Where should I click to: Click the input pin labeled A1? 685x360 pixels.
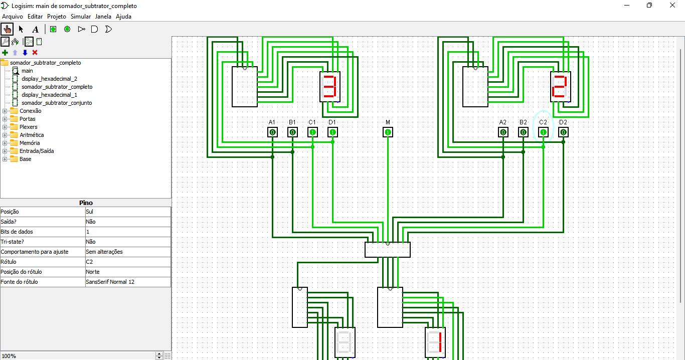click(272, 132)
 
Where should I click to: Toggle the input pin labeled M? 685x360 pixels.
click(388, 132)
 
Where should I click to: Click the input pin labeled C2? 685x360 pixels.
click(543, 132)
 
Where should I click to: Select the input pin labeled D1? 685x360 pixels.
click(332, 132)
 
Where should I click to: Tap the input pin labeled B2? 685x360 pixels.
click(523, 132)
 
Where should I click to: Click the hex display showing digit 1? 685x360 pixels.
click(435, 342)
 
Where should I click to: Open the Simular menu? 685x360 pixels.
click(81, 17)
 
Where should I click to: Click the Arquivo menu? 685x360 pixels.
click(13, 17)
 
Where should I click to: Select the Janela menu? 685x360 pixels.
click(103, 17)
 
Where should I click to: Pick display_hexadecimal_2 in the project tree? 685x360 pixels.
click(49, 79)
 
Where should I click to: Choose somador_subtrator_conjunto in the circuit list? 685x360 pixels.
click(57, 103)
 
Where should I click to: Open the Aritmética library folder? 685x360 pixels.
click(32, 135)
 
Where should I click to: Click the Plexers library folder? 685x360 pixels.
click(29, 127)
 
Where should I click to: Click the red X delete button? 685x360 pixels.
click(35, 53)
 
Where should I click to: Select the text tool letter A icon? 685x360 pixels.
click(35, 29)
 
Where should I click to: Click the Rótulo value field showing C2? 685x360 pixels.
click(128, 262)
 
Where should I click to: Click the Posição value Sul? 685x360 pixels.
click(128, 212)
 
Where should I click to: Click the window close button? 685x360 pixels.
click(672, 6)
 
